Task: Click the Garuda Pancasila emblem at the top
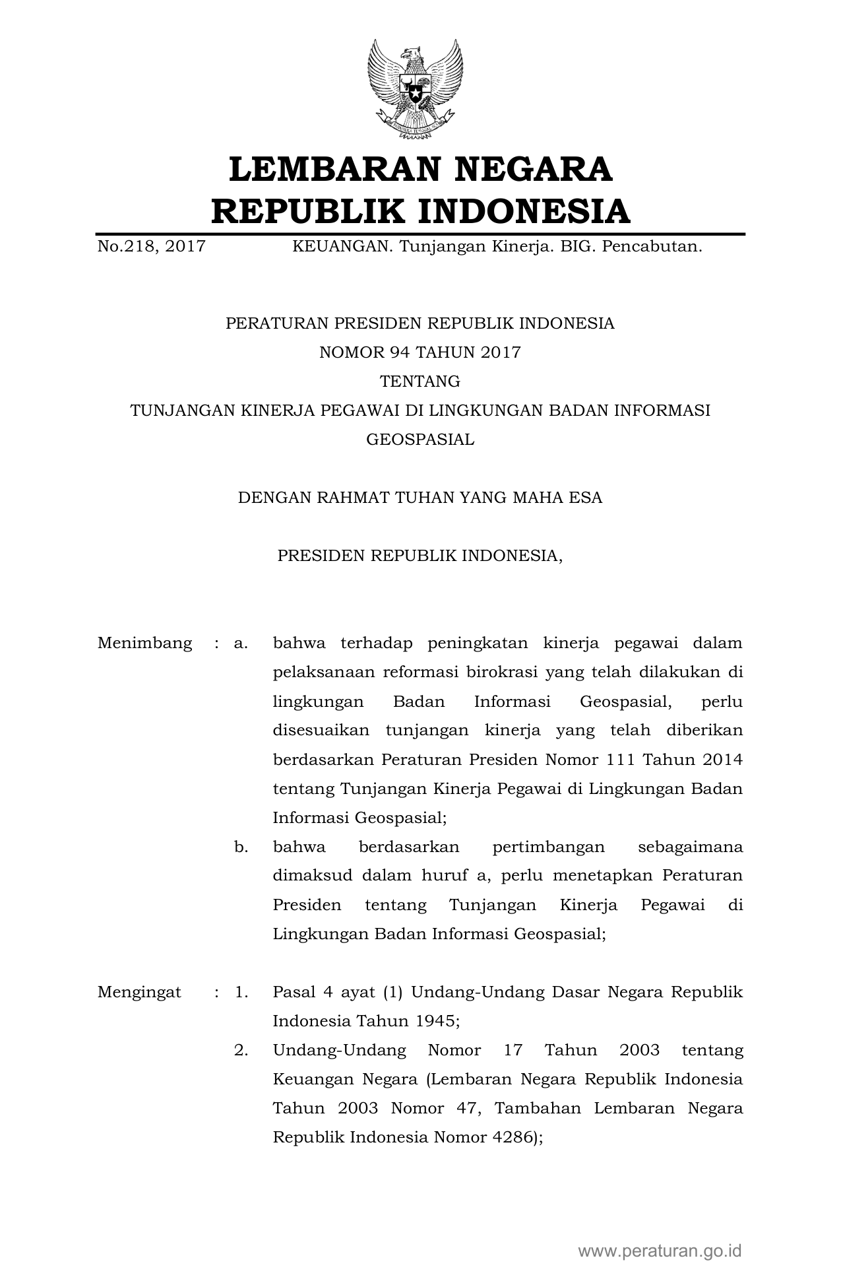(x=415, y=90)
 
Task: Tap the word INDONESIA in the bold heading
(x=524, y=211)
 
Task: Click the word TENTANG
(x=420, y=381)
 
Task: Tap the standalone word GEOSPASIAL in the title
(x=420, y=440)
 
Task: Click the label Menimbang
(x=145, y=643)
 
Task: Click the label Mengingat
(x=139, y=992)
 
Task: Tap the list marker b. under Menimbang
(x=241, y=847)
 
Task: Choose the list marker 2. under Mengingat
(x=241, y=1050)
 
